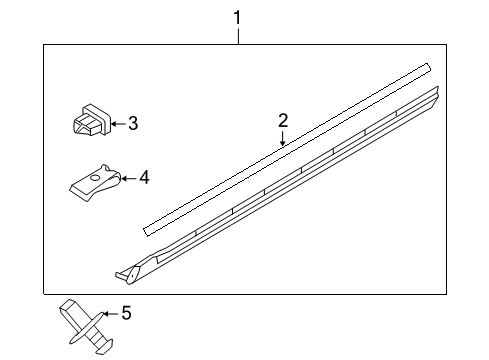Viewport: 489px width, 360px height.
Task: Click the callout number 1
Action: click(x=237, y=16)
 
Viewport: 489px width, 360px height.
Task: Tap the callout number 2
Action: click(x=283, y=121)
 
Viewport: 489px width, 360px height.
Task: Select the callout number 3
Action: click(x=132, y=124)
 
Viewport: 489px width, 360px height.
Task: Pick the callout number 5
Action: click(x=126, y=314)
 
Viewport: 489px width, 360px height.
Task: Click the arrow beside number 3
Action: click(x=116, y=124)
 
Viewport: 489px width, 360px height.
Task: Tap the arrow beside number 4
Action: click(x=127, y=178)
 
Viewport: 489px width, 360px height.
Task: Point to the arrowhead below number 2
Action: click(x=283, y=143)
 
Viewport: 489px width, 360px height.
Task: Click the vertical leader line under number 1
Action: click(x=238, y=35)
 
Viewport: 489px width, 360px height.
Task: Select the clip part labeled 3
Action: click(x=89, y=121)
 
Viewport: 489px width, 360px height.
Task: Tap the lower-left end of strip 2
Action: click(x=148, y=228)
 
